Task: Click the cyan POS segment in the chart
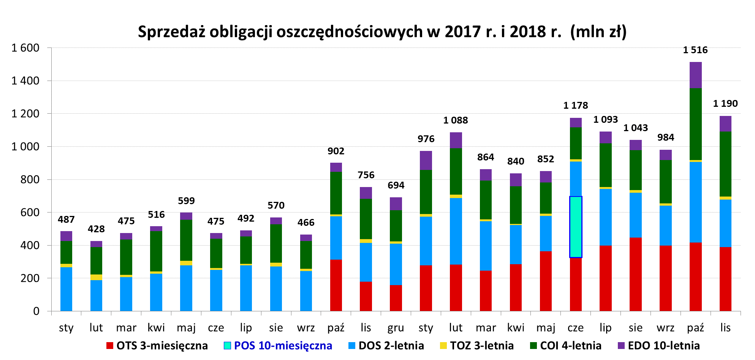click(x=576, y=227)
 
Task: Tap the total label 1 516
click(x=695, y=50)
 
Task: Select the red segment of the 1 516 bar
click(x=695, y=277)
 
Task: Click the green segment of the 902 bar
click(x=336, y=193)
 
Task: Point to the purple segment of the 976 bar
click(x=426, y=160)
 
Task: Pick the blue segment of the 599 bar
click(x=186, y=288)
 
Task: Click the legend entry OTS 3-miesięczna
click(x=157, y=346)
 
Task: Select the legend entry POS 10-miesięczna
click(x=278, y=346)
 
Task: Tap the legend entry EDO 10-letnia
click(x=659, y=346)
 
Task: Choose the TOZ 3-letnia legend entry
click(x=477, y=346)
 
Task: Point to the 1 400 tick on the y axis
click(x=25, y=81)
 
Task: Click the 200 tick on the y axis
click(x=30, y=278)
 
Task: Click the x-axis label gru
click(x=396, y=328)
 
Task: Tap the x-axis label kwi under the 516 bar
click(x=156, y=328)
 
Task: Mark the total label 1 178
click(x=575, y=106)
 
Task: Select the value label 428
click(x=96, y=229)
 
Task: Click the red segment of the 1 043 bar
click(x=635, y=274)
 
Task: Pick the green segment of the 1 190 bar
click(x=725, y=164)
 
